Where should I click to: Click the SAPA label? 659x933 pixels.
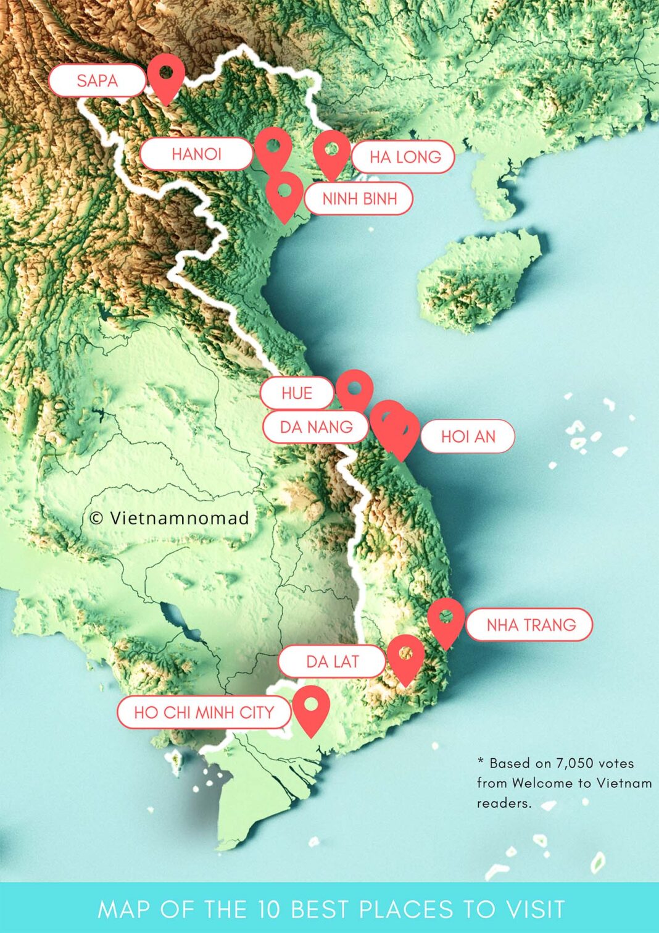pyautogui.click(x=97, y=80)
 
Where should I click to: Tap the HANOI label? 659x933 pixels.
pyautogui.click(x=196, y=154)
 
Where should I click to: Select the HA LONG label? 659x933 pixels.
pyautogui.click(x=405, y=157)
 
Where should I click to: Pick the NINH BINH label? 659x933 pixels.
pyautogui.click(x=359, y=199)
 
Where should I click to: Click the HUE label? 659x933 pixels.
pyautogui.click(x=297, y=393)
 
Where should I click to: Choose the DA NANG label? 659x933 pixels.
pyautogui.click(x=316, y=427)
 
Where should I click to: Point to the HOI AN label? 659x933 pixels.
pyautogui.click(x=468, y=437)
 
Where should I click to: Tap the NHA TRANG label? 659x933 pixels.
pyautogui.click(x=531, y=625)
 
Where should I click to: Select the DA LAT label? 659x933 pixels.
pyautogui.click(x=332, y=662)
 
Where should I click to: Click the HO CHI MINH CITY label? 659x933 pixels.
pyautogui.click(x=204, y=712)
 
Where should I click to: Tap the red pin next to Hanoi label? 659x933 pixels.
pyautogui.click(x=273, y=148)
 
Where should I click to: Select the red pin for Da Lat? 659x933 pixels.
pyautogui.click(x=405, y=655)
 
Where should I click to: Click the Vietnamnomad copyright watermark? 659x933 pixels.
pyautogui.click(x=169, y=517)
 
